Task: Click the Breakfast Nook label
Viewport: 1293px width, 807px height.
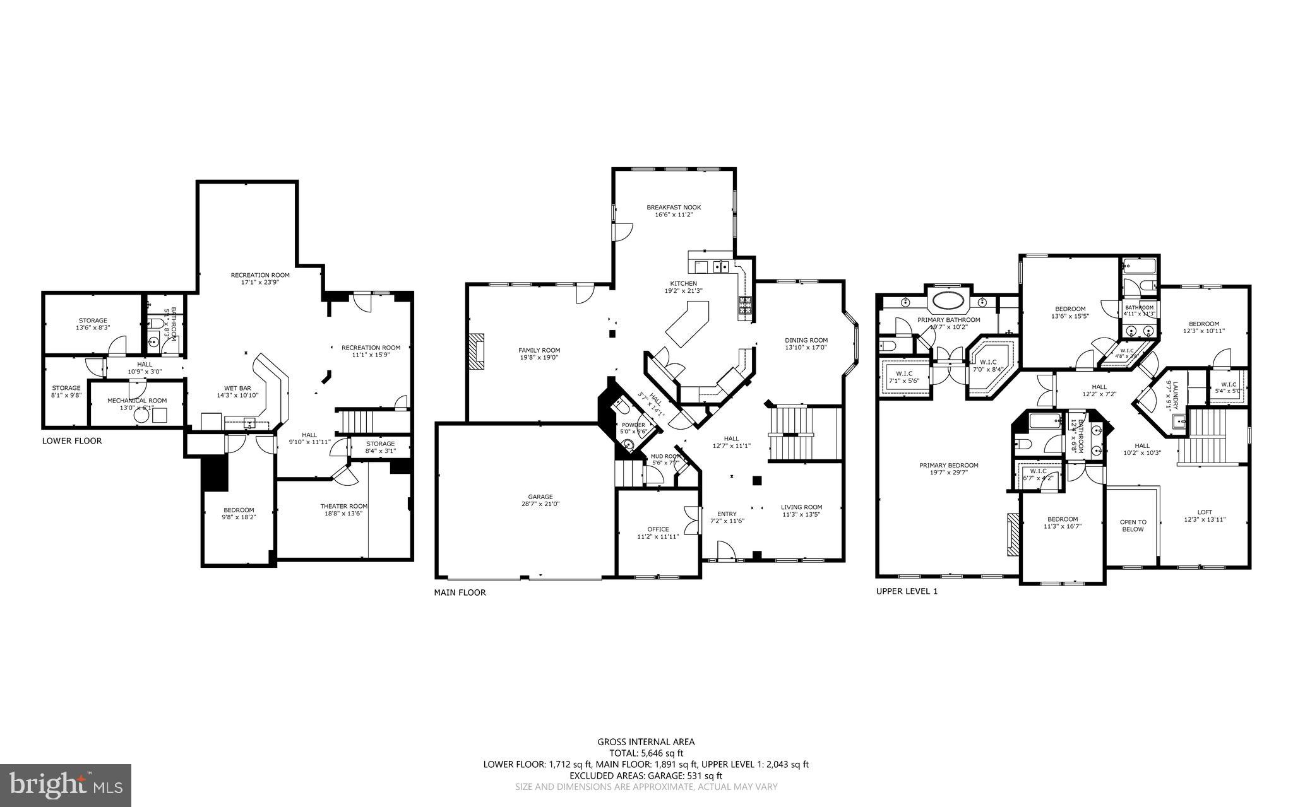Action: click(x=673, y=207)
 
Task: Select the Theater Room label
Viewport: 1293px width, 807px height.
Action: click(x=343, y=506)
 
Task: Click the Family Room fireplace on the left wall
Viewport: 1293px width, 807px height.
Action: click(x=477, y=350)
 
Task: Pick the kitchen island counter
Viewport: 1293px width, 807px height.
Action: click(x=687, y=322)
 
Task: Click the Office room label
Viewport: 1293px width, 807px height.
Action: click(x=658, y=529)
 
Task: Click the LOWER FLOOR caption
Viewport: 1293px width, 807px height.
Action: click(x=72, y=441)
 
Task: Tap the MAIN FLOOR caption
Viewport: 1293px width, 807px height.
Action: click(x=460, y=592)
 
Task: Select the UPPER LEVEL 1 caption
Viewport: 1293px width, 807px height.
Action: click(x=907, y=591)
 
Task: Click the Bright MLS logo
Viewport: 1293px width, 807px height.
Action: click(x=66, y=785)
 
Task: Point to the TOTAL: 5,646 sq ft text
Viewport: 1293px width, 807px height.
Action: click(x=646, y=753)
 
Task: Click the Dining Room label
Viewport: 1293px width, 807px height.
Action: click(x=806, y=339)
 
